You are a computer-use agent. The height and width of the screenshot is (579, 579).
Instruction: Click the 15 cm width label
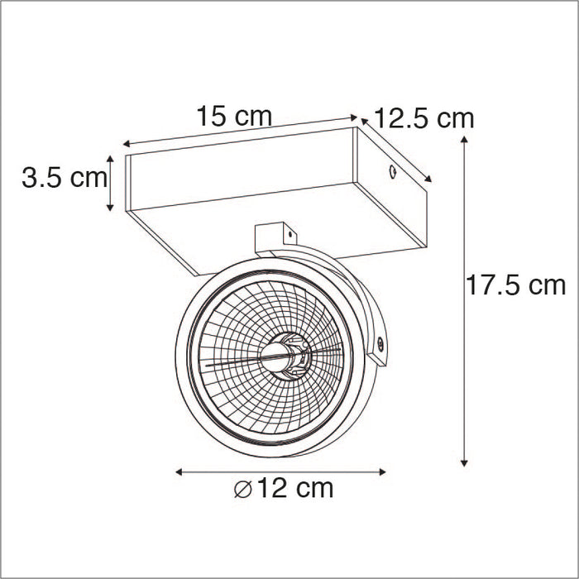[233, 116]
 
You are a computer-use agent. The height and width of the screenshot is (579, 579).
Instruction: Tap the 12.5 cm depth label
[424, 118]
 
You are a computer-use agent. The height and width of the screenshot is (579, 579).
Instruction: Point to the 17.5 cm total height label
[515, 286]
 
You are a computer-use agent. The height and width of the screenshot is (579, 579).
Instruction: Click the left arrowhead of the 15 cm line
[126, 145]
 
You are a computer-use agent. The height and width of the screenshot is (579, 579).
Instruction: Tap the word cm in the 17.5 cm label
[546, 286]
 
